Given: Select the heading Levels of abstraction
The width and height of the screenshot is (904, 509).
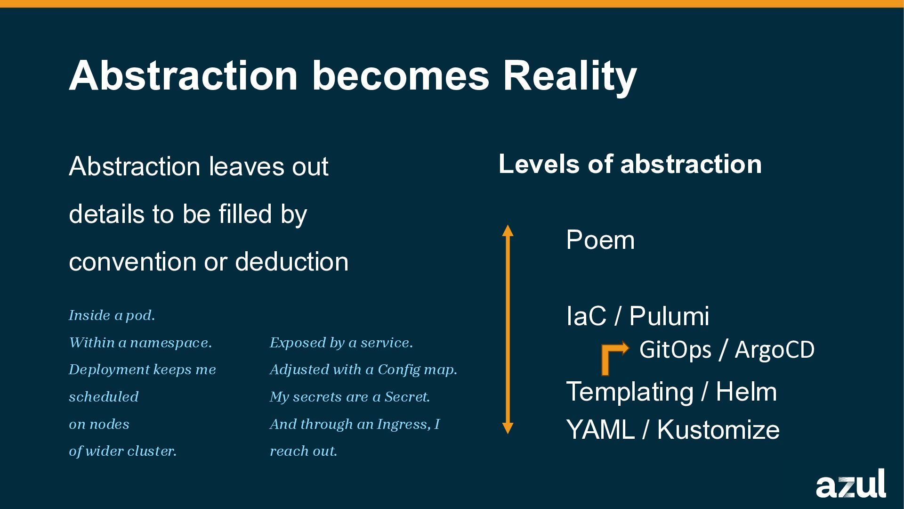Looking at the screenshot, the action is (x=630, y=164).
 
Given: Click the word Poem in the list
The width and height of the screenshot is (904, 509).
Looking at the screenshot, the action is (x=600, y=240).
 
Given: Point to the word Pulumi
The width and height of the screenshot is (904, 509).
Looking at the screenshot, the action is (x=669, y=316).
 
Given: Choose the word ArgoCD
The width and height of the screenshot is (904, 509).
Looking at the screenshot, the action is (x=775, y=350).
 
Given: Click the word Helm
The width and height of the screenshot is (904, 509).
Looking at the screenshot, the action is (x=746, y=392).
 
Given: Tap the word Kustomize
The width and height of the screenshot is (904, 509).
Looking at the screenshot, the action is (x=718, y=430).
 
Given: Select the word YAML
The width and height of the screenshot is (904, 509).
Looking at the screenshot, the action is (x=600, y=430).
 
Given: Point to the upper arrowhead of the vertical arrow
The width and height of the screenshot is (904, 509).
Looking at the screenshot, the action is (x=508, y=230).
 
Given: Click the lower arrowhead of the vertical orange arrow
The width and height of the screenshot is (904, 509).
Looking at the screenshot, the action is (x=508, y=428).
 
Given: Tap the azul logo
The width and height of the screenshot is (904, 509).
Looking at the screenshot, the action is (x=851, y=484).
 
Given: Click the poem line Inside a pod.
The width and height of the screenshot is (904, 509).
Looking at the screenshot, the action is (x=112, y=315).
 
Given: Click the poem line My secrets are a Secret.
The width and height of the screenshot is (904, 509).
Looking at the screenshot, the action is (x=350, y=397).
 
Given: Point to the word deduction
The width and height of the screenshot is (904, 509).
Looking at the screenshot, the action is (x=292, y=262).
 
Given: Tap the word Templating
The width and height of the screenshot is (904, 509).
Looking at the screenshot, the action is (x=630, y=392).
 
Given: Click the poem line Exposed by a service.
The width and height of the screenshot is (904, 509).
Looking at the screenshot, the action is (x=341, y=343).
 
